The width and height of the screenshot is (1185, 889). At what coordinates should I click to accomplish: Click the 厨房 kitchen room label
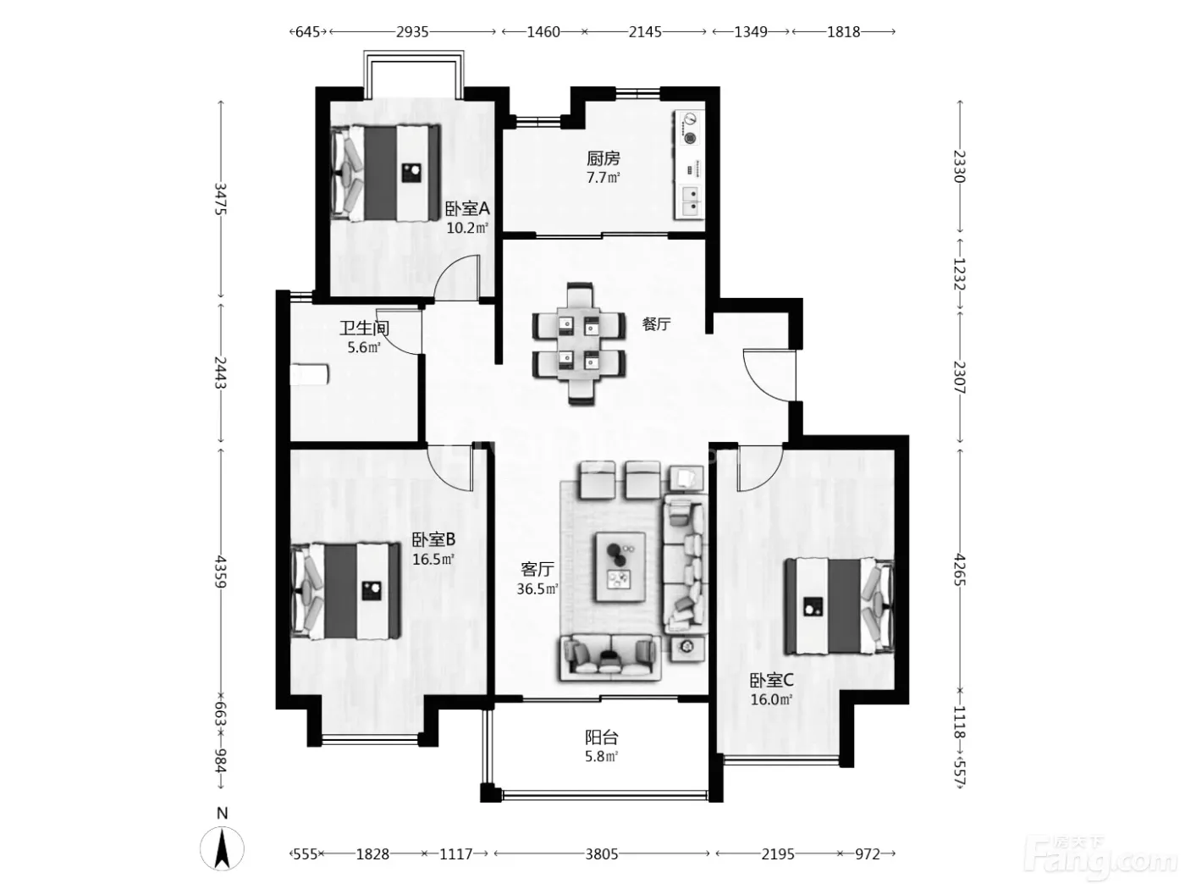603,158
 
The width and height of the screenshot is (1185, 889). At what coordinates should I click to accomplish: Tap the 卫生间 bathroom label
364,328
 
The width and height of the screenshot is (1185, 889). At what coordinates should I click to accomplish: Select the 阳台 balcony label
602,737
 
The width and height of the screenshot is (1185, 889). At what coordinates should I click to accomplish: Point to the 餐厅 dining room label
656,324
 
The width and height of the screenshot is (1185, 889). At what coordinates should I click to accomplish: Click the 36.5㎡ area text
537,589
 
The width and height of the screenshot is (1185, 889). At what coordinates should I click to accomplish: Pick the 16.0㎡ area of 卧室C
771,699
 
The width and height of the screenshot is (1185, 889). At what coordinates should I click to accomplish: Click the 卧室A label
467,208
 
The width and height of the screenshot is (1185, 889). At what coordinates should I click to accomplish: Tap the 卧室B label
433,539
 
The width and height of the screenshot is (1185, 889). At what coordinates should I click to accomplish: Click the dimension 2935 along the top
412,32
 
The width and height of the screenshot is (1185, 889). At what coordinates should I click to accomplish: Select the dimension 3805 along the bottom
602,853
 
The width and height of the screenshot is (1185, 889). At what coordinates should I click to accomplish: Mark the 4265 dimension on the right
959,570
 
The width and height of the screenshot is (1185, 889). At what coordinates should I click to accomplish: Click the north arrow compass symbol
222,848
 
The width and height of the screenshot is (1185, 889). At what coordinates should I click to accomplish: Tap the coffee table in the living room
620,566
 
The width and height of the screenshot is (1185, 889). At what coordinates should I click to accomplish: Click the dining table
579,343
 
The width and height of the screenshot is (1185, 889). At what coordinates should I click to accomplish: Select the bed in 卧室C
839,607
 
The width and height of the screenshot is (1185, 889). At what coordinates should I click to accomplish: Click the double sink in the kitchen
689,201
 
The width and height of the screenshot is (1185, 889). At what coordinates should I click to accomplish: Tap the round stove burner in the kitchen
689,138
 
